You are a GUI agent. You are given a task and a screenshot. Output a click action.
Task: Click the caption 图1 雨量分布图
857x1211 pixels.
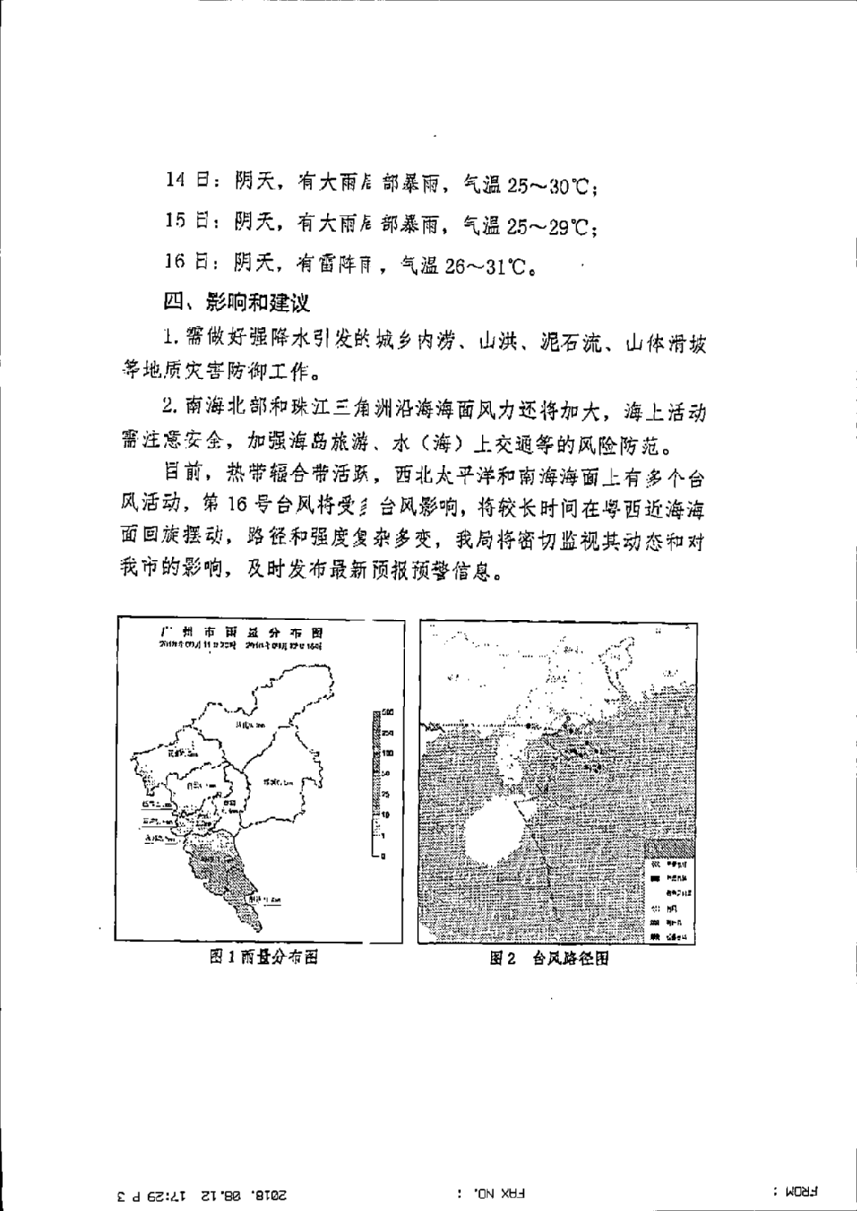pyautogui.click(x=263, y=956)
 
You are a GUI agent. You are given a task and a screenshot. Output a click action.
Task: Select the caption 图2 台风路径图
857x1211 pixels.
pyautogui.click(x=549, y=958)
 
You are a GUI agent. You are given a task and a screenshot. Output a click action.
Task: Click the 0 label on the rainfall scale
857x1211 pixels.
pyautogui.click(x=382, y=855)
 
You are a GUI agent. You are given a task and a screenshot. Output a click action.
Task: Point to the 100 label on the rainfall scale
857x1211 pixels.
pyautogui.click(x=386, y=752)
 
